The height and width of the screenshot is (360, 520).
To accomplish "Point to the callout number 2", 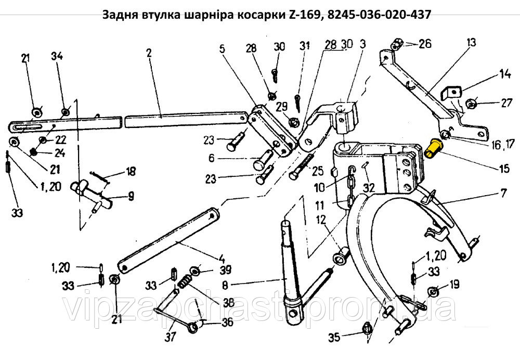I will [x=149, y=54].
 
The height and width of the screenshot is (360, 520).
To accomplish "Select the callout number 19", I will [x=454, y=285].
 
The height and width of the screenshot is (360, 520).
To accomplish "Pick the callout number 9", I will [x=130, y=197].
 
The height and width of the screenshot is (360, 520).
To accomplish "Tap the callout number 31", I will [x=304, y=46].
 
